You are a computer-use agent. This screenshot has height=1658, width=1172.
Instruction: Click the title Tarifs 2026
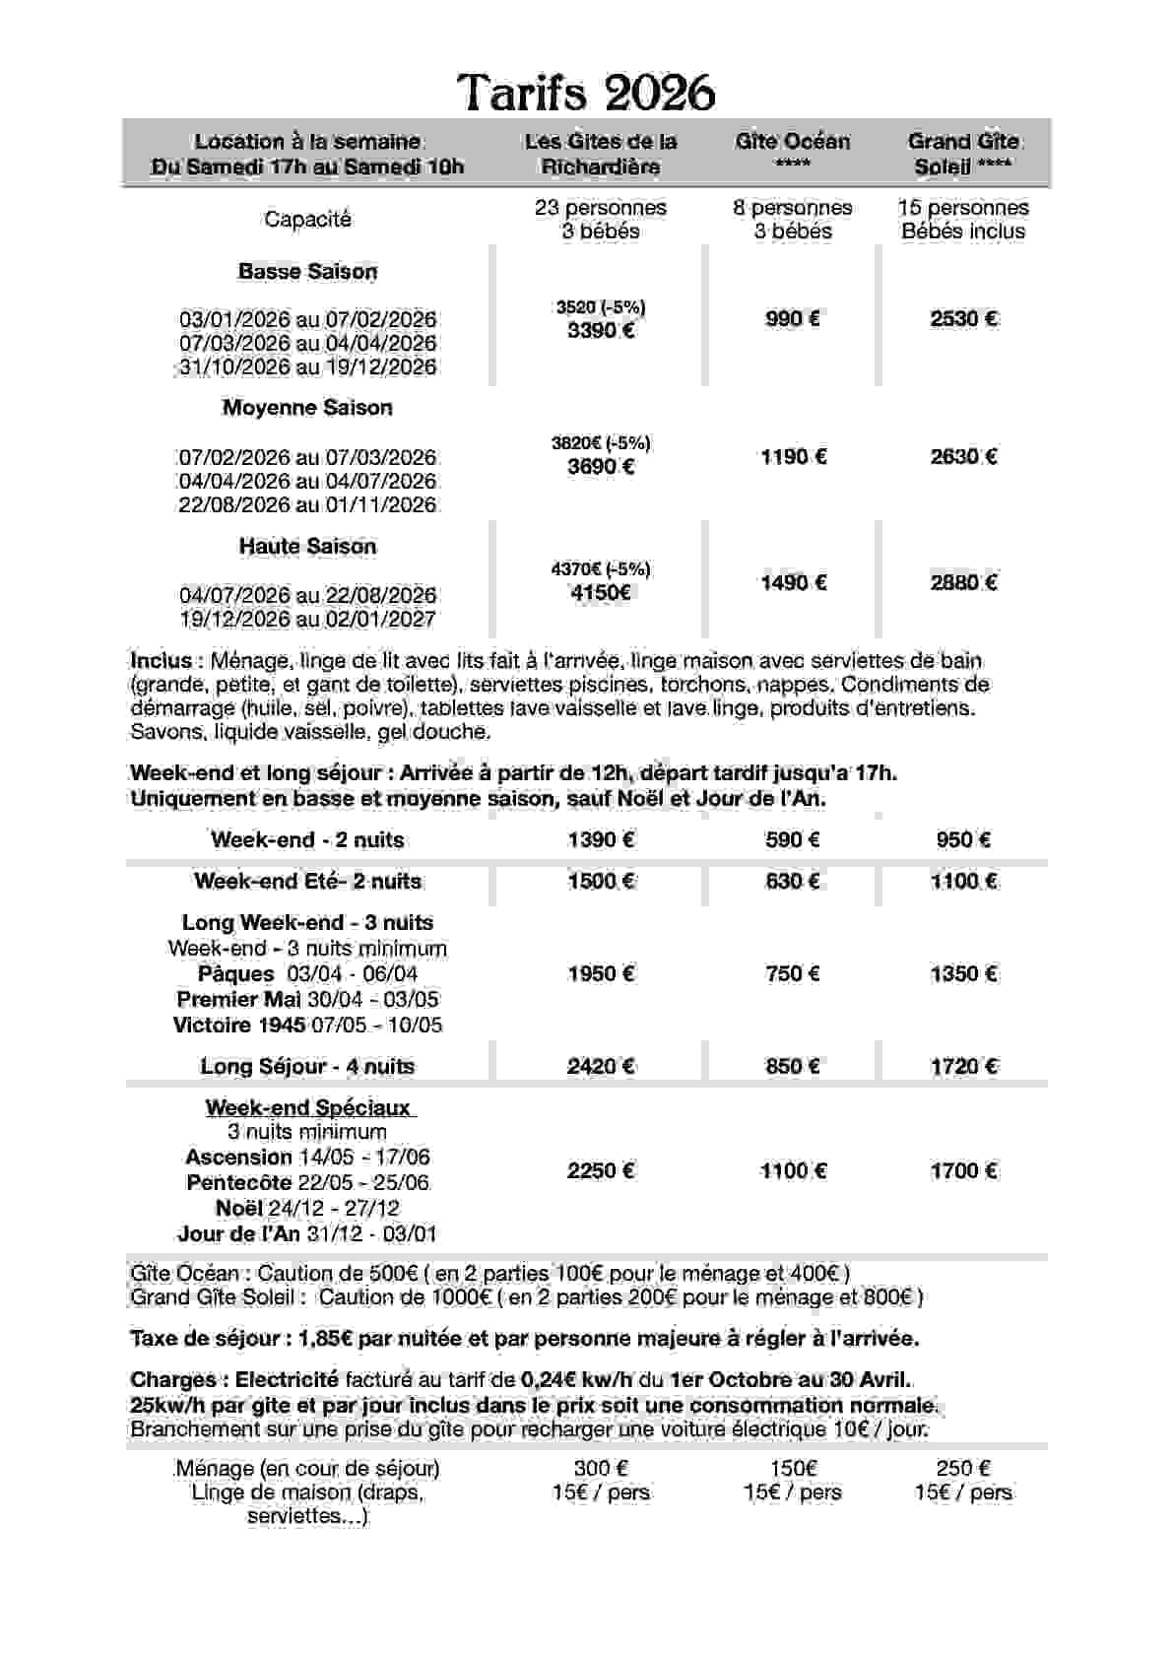pyautogui.click(x=586, y=94)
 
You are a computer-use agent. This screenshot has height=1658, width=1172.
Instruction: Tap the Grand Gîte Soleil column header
pyautogui.click(x=962, y=154)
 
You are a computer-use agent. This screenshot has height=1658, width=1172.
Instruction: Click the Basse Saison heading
pyautogui.click(x=307, y=271)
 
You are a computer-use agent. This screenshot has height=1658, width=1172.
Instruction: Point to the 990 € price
pyautogui.click(x=792, y=318)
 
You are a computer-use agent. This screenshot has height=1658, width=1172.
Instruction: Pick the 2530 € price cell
pyautogui.click(x=963, y=318)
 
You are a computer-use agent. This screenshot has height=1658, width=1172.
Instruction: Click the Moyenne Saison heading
pyautogui.click(x=307, y=407)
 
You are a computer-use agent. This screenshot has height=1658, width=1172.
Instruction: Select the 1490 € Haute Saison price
pyautogui.click(x=792, y=582)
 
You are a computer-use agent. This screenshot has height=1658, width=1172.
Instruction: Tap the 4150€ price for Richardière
pyautogui.click(x=600, y=592)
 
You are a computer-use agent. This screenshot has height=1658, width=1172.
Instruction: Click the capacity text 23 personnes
pyautogui.click(x=600, y=208)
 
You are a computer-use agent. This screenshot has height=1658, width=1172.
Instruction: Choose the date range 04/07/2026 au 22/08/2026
pyautogui.click(x=307, y=595)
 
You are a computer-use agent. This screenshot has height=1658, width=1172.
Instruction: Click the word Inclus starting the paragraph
pyautogui.click(x=161, y=661)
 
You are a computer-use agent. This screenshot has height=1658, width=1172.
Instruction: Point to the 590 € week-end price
pyautogui.click(x=792, y=839)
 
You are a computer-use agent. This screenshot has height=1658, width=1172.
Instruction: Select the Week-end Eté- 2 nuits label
pyautogui.click(x=307, y=881)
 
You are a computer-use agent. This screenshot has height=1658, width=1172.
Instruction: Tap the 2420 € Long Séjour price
pyautogui.click(x=600, y=1066)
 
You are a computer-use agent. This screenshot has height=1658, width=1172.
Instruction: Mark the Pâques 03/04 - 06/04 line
pyautogui.click(x=307, y=973)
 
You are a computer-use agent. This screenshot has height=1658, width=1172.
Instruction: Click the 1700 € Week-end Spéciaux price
pyautogui.click(x=963, y=1170)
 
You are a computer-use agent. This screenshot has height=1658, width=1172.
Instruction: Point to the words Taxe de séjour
pyautogui.click(x=207, y=1339)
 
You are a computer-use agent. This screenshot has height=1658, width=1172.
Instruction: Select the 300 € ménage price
pyautogui.click(x=600, y=1468)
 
